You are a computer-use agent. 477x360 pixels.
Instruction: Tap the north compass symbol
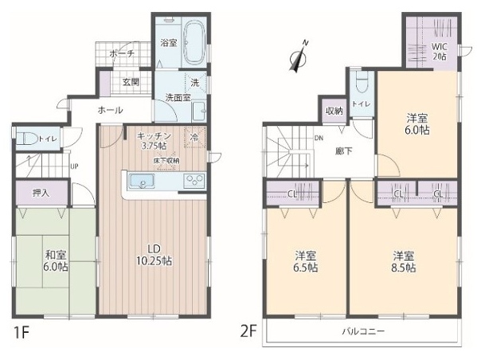(x=299, y=57)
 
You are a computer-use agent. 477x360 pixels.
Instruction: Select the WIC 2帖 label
(x=440, y=52)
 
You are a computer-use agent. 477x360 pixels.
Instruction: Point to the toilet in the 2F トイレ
(x=362, y=81)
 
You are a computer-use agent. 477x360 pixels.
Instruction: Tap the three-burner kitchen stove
(x=194, y=179)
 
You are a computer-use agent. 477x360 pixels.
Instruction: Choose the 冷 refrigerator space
(x=195, y=138)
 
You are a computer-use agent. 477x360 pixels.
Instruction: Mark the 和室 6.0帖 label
(x=56, y=260)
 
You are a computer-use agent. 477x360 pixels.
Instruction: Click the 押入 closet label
(x=41, y=193)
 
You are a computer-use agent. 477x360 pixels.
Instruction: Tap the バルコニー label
(x=363, y=331)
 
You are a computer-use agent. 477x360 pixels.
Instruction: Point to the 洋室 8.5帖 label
(x=404, y=262)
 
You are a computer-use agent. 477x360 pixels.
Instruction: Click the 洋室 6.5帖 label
(x=306, y=262)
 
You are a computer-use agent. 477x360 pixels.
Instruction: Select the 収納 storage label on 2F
(x=334, y=111)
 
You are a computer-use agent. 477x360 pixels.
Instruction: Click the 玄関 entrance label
(x=131, y=82)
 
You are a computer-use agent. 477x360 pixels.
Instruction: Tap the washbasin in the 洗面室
(x=199, y=111)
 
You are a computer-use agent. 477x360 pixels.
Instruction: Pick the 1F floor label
(x=21, y=334)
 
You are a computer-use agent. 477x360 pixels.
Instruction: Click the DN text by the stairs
(x=319, y=138)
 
